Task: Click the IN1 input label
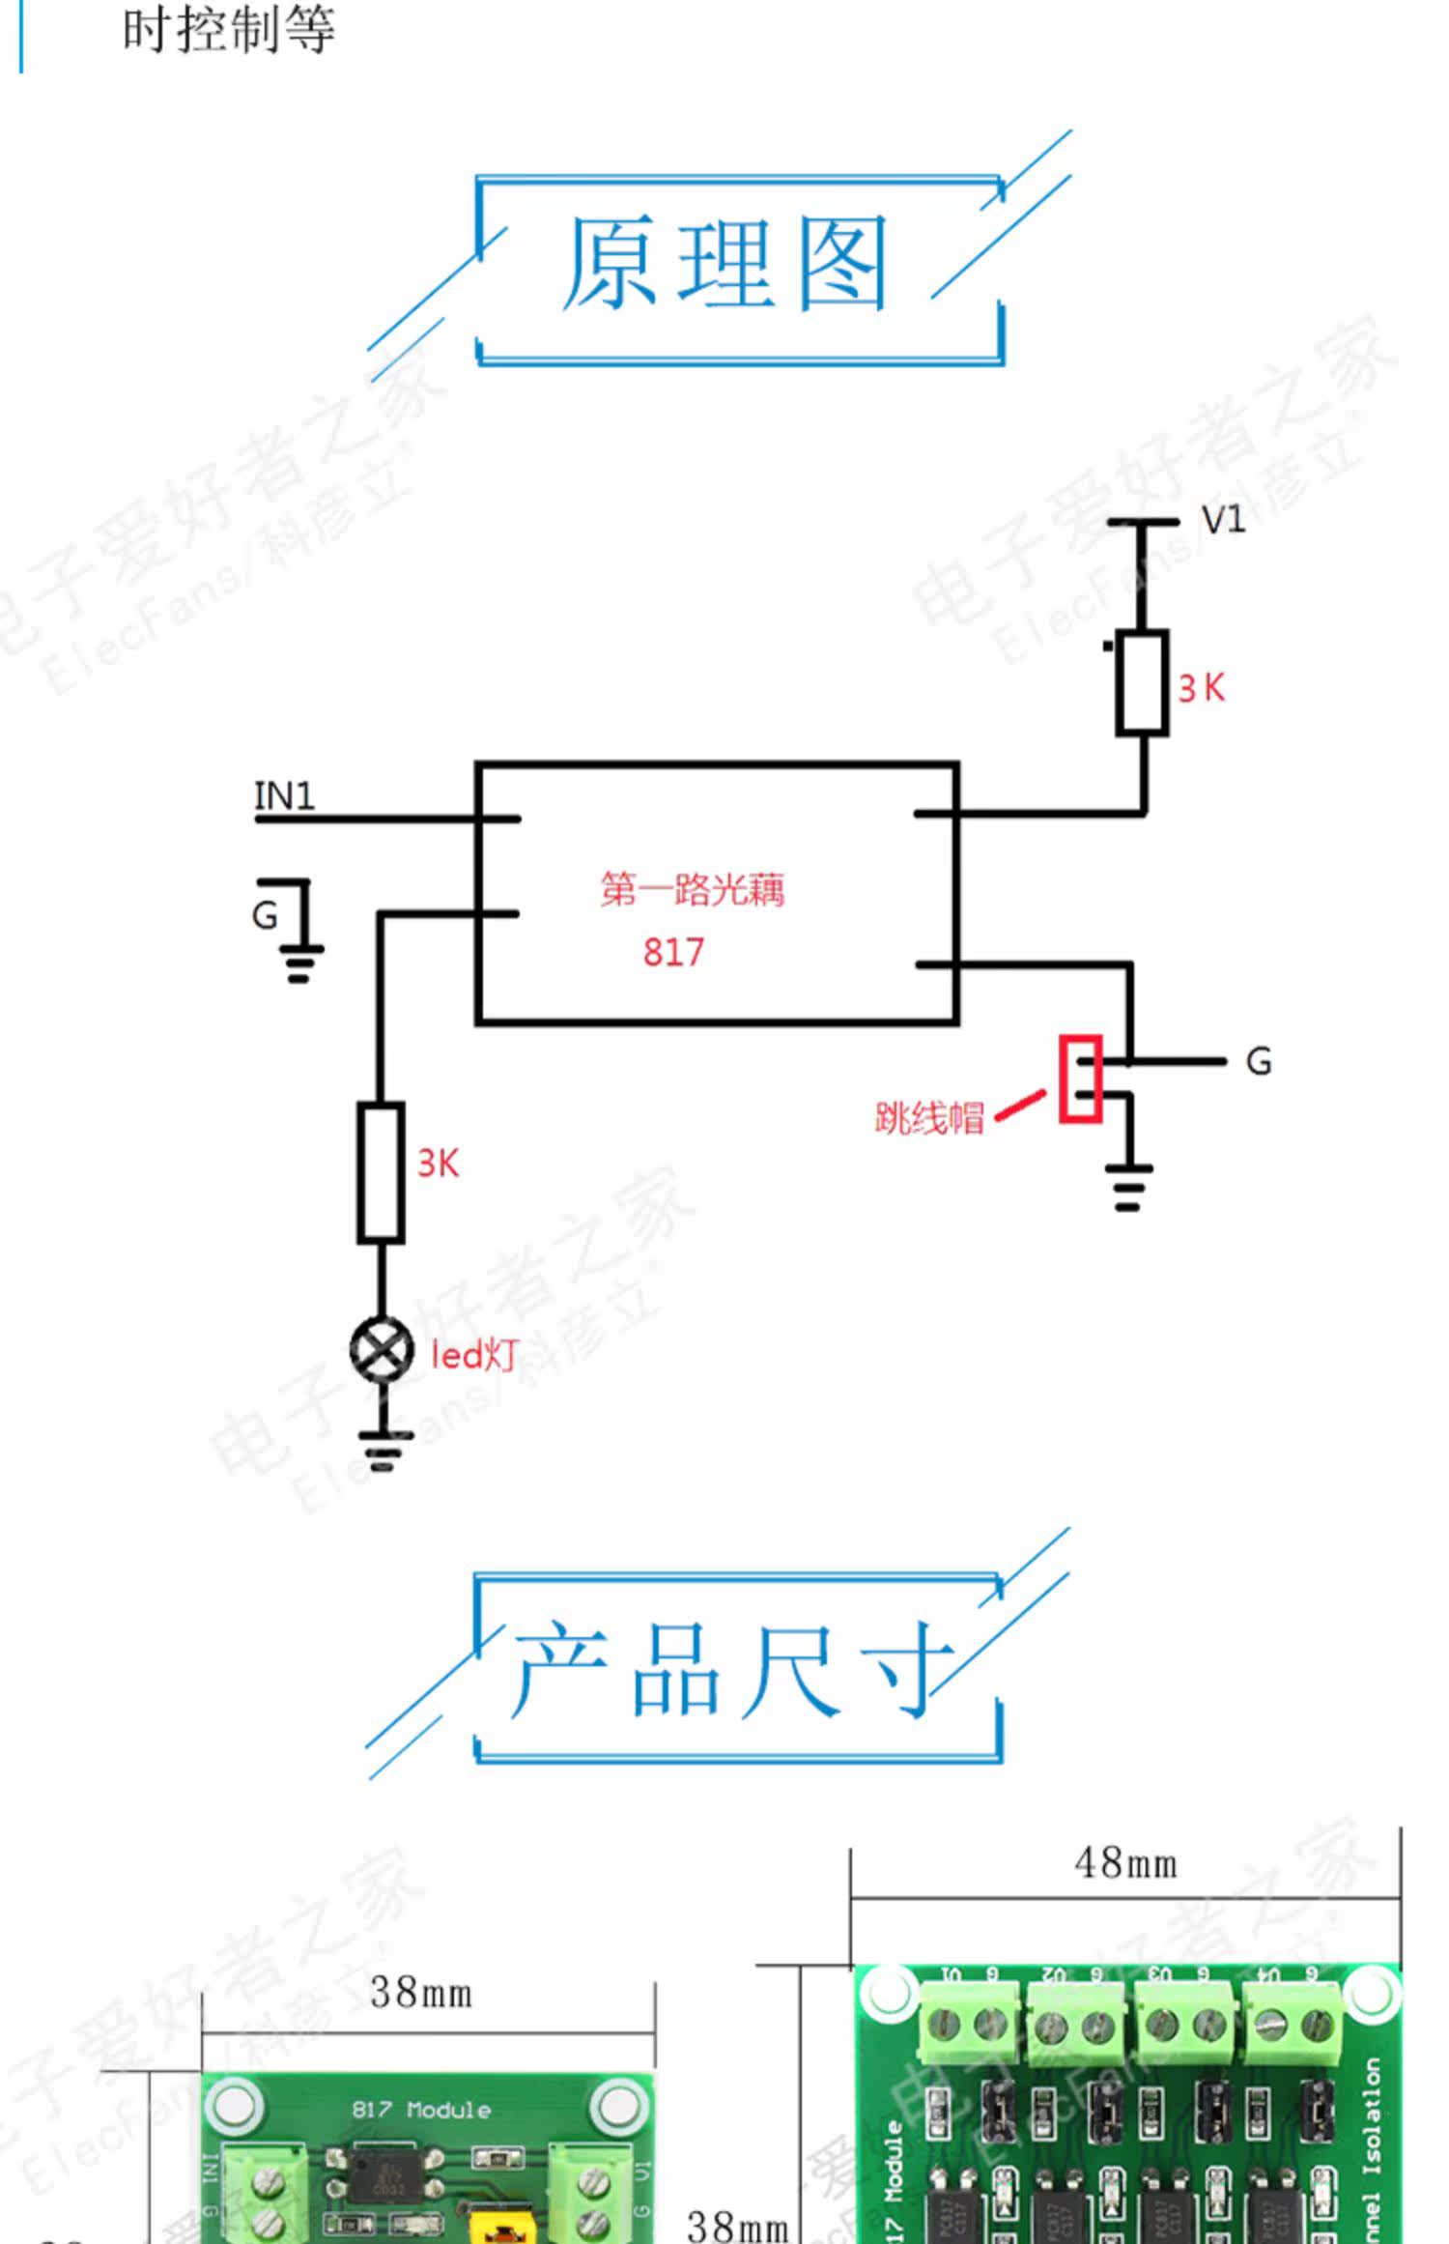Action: click(284, 796)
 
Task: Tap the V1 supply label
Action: click(1222, 520)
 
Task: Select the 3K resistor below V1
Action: click(1142, 683)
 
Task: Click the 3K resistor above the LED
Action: click(381, 1171)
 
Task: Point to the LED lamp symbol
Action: click(382, 1350)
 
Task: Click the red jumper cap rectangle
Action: click(1080, 1079)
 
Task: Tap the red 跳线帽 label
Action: click(928, 1118)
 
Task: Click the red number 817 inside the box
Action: click(673, 953)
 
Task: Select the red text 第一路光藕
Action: click(692, 889)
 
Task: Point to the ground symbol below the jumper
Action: click(1128, 1188)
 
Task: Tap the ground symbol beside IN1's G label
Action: click(301, 960)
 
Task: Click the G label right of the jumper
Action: click(1258, 1062)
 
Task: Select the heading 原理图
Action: click(724, 264)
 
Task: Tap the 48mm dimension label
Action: click(1125, 1863)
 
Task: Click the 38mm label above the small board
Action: click(421, 1993)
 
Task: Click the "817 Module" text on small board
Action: click(421, 2110)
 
